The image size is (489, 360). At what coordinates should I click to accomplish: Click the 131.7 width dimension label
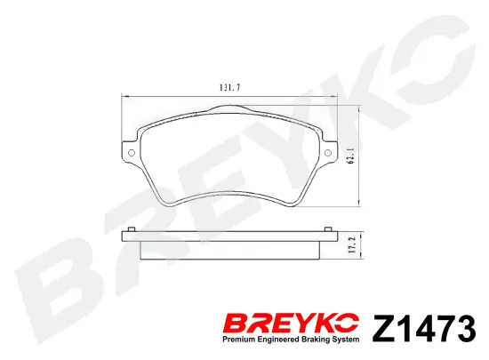(230, 88)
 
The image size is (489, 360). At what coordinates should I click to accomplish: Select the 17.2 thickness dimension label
(353, 245)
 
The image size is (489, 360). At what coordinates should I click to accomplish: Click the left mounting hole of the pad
(132, 152)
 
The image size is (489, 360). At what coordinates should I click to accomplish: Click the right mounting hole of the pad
(328, 152)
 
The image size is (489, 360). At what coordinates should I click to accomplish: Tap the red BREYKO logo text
(292, 324)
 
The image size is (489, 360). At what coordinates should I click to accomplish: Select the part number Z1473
(424, 328)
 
